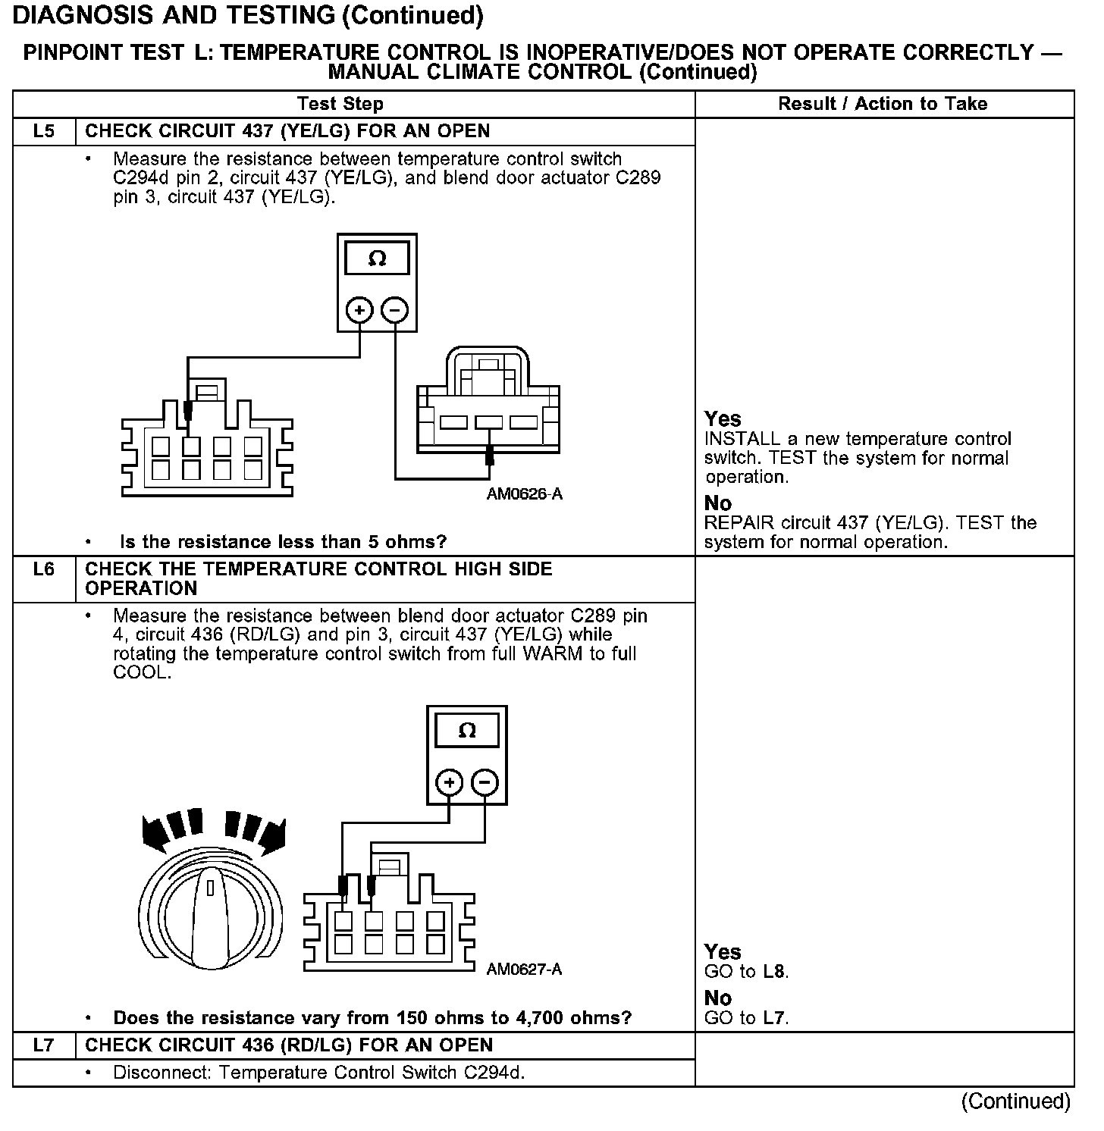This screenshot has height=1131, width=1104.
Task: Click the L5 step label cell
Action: pos(44,131)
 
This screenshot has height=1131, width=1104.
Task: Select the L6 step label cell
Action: pos(44,569)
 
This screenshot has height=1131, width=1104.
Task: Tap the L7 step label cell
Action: pos(44,1045)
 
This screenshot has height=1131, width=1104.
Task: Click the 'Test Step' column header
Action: pos(340,104)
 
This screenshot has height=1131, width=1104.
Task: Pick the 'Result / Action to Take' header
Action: pos(883,104)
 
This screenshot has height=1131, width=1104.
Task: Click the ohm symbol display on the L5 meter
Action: pos(377,259)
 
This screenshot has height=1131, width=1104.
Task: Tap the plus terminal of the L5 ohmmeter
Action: pos(359,310)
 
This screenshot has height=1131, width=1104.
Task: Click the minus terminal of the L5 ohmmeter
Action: pos(394,310)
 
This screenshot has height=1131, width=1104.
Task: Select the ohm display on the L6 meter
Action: pos(467,731)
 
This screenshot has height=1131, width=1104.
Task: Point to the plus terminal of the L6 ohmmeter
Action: pos(450,782)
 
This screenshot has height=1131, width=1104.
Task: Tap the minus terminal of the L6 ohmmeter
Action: pos(485,782)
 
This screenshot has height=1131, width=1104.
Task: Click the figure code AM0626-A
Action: pos(525,494)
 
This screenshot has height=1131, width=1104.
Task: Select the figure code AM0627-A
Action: pos(524,970)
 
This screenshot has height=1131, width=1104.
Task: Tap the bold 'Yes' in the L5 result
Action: pos(723,419)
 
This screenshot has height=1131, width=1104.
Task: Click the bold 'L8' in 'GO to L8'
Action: pos(775,972)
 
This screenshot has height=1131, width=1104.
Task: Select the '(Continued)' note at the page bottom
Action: pos(1016,1101)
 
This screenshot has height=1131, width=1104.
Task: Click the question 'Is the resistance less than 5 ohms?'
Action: pos(284,542)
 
